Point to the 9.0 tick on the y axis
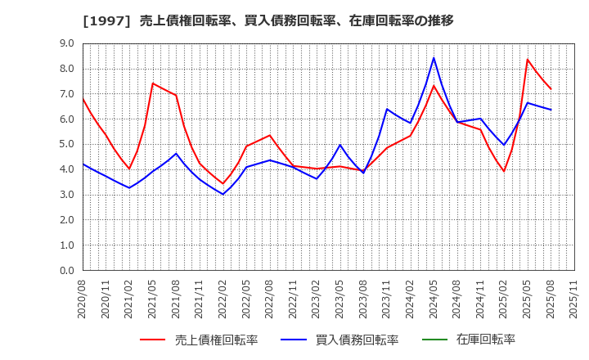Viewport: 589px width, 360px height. pyautogui.click(x=66, y=43)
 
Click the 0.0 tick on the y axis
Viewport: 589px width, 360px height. pyautogui.click(x=66, y=270)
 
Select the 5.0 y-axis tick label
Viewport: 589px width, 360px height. pyautogui.click(x=66, y=144)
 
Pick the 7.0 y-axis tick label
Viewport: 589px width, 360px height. pyautogui.click(x=66, y=94)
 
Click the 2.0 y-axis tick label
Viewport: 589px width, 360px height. pyautogui.click(x=66, y=220)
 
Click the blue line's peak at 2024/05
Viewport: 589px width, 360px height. pyautogui.click(x=434, y=57)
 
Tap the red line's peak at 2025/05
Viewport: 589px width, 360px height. pyautogui.click(x=528, y=59)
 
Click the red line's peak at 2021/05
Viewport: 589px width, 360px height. pyautogui.click(x=153, y=83)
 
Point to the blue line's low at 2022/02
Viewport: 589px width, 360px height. pyautogui.click(x=223, y=194)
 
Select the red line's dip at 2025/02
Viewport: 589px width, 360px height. pyautogui.click(x=504, y=171)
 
